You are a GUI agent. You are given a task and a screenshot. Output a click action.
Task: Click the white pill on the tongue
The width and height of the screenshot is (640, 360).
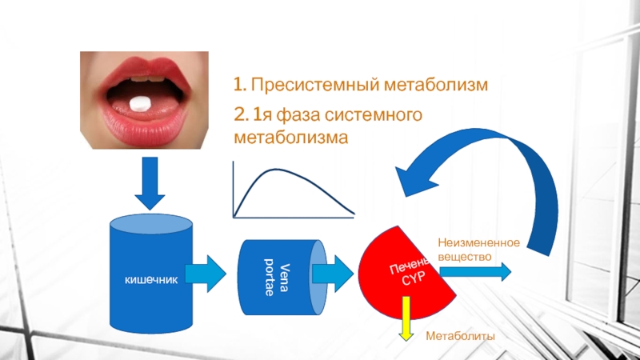click(x=141, y=102)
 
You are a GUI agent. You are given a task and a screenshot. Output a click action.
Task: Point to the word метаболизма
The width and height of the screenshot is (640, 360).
click(x=291, y=137)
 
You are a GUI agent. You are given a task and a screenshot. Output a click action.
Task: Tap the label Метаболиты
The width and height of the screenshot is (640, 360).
click(x=460, y=337)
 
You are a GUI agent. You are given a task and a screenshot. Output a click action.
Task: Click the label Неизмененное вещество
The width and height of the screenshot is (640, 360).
click(x=478, y=248)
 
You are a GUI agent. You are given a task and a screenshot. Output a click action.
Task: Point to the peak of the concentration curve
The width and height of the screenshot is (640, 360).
click(x=276, y=169)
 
